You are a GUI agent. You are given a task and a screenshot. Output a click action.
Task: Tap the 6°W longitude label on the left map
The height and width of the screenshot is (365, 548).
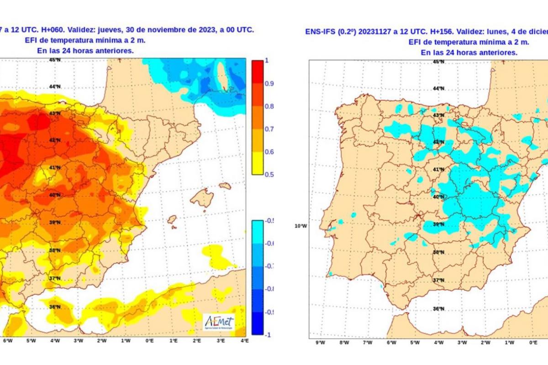click(7, 340)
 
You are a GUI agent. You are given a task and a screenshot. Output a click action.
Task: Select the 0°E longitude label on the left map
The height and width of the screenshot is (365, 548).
click(149, 340)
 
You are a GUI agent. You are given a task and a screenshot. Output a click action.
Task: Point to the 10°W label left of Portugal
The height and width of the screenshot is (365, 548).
click(300, 226)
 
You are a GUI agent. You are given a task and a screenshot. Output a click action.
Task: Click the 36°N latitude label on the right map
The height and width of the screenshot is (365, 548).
click(438, 309)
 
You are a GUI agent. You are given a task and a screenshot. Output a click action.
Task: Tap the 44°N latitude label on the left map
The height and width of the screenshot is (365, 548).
click(55, 87)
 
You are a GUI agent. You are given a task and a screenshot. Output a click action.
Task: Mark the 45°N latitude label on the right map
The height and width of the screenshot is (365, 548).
click(438, 61)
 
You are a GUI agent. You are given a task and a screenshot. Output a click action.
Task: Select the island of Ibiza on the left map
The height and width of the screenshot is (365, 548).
click(172, 220)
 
